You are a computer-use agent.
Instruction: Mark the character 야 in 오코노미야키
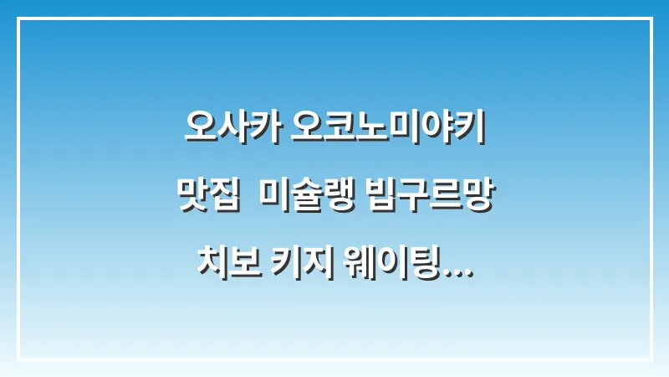[437, 130]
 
